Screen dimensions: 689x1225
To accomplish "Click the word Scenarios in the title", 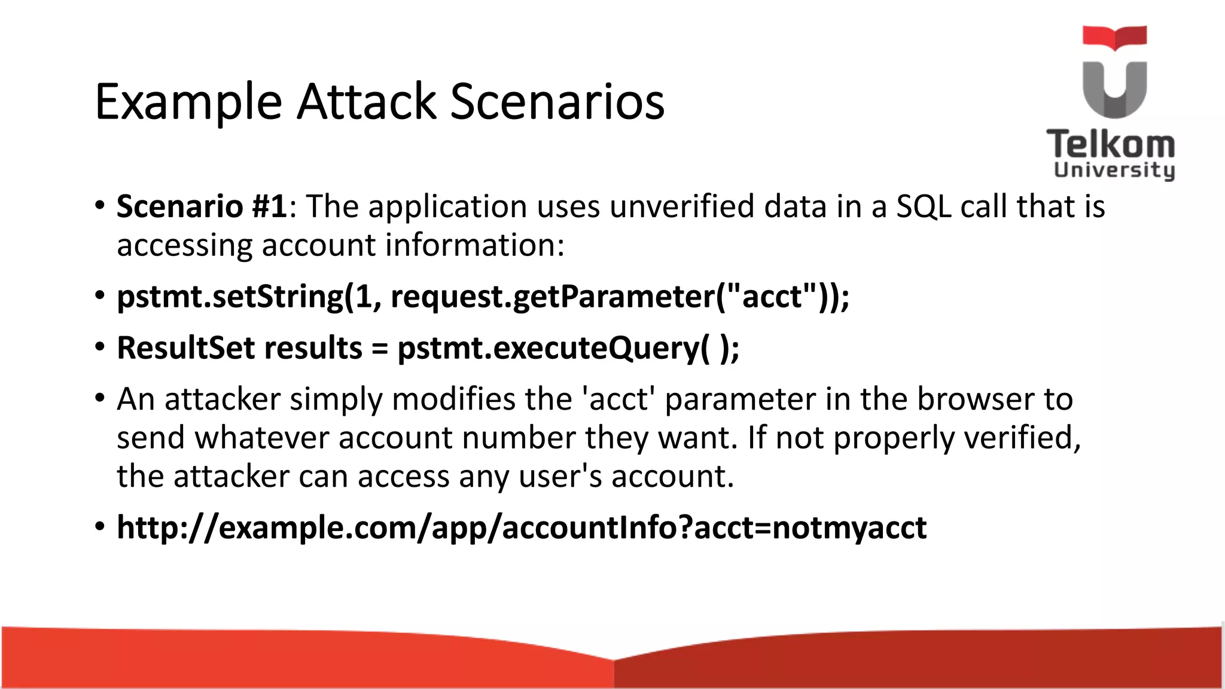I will coord(557,102).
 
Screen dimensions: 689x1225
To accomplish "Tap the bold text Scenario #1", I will coord(202,207).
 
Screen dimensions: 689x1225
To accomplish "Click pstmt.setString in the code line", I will coord(230,297).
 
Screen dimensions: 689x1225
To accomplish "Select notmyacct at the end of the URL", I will coord(849,528).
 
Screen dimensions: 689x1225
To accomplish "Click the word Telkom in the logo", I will coord(1110,145).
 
